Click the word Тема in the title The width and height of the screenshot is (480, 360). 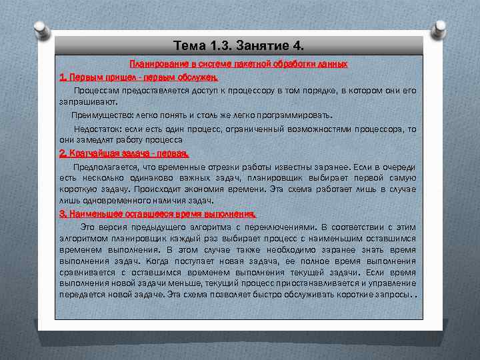click(188, 46)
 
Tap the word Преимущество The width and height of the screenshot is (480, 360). click(101, 115)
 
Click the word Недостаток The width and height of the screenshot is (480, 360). click(97, 129)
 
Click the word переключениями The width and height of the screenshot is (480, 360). click(277, 227)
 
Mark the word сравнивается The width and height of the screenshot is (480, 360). click(87, 273)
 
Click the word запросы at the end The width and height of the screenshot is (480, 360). click(390, 295)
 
